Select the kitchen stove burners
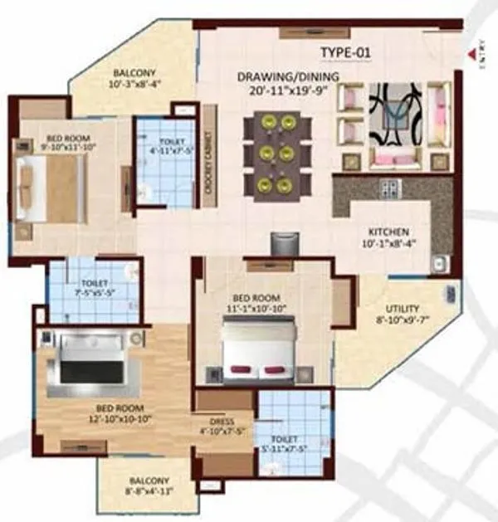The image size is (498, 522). pyautogui.click(x=389, y=188)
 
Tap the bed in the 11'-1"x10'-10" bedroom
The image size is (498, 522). pyautogui.click(x=259, y=346)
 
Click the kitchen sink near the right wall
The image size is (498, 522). pyautogui.click(x=439, y=264)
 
